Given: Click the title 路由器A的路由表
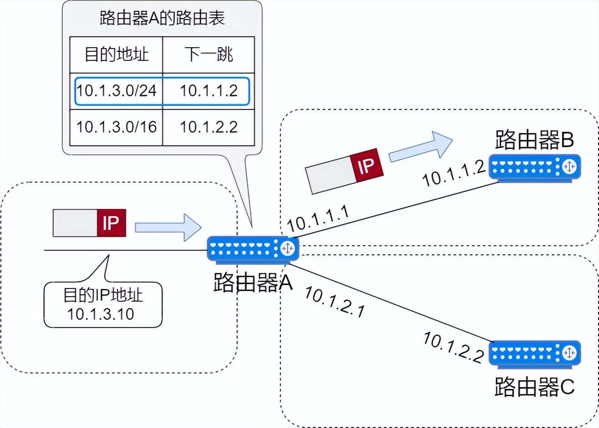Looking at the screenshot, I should (x=162, y=19).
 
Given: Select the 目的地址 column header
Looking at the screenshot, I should (x=116, y=55).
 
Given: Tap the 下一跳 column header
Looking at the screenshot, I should (x=209, y=55).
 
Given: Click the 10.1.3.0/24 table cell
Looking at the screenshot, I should (x=116, y=90).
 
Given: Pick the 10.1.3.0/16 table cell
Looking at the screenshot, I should (x=116, y=127).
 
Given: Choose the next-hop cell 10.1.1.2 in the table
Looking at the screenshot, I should (x=209, y=90).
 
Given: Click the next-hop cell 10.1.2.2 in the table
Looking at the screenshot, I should (x=209, y=127).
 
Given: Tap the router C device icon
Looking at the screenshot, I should (x=534, y=353).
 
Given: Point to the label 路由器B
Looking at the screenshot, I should (x=534, y=140).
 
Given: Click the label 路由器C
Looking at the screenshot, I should (x=534, y=387).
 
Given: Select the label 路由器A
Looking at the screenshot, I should (x=253, y=283).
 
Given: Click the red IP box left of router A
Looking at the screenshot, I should (x=111, y=223).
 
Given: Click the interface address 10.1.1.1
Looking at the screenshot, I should (x=318, y=219).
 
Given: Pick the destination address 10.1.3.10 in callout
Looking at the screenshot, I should (x=101, y=314).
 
